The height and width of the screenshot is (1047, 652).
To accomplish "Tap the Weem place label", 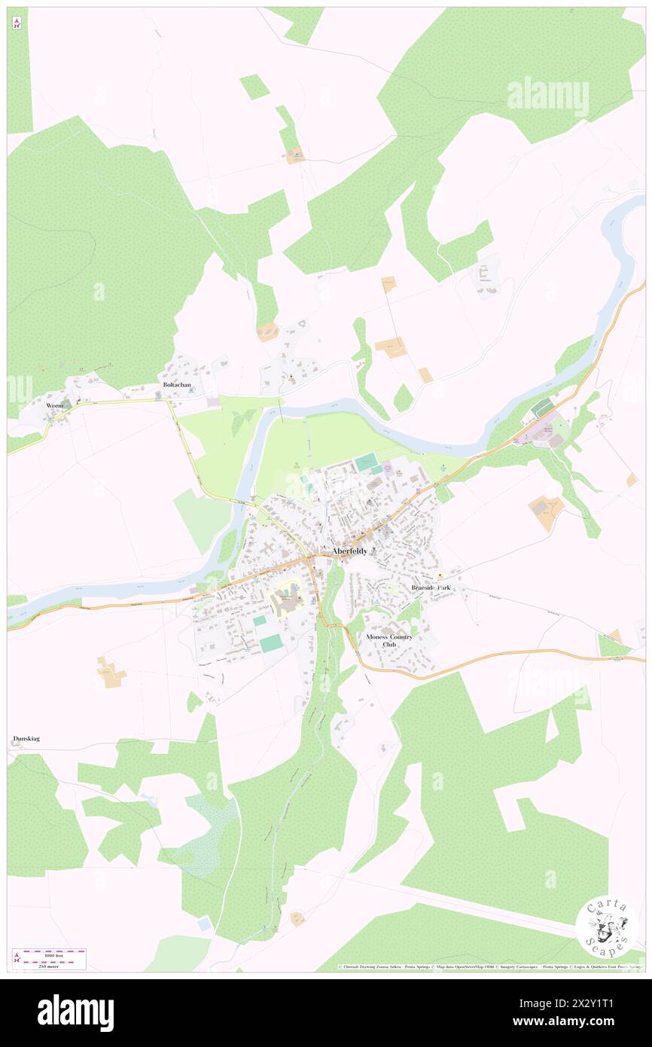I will pos(54,405).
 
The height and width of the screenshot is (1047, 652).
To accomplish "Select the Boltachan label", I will pos(177,385).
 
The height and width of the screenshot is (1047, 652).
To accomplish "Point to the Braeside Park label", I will pos(435,587).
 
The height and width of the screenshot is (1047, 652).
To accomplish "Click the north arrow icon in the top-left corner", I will pos(17,23).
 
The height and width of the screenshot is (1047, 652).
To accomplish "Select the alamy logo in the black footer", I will pos(75,1012).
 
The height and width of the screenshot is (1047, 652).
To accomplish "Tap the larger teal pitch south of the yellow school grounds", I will pos(272,643).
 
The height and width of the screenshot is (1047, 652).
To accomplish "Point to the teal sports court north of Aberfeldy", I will pos(367,461).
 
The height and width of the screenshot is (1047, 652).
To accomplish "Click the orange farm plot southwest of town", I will pos(111,672).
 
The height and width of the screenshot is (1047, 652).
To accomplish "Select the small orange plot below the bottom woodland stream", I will pos(297,918).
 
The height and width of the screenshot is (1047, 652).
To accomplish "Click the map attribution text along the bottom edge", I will pos(489,966).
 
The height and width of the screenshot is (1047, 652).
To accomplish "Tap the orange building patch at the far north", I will pos(294,156).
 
